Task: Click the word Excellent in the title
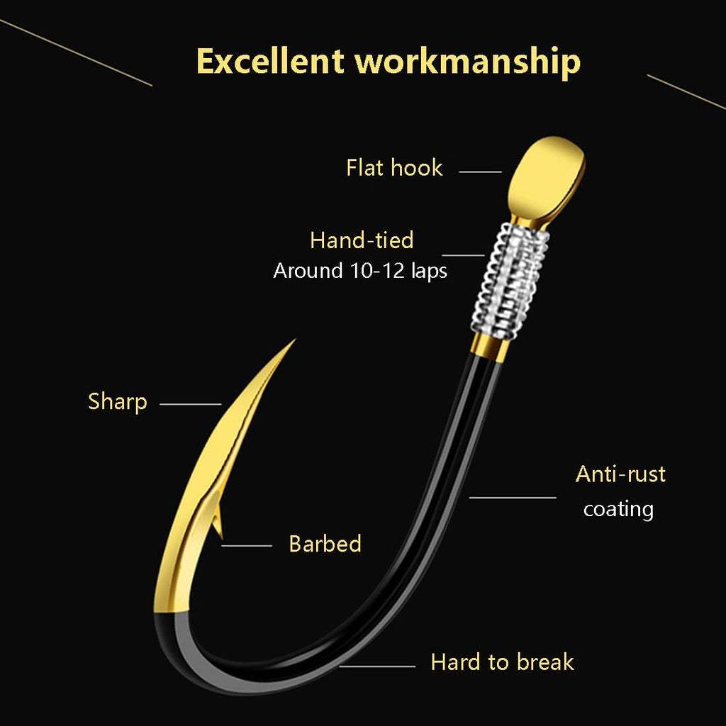(270, 61)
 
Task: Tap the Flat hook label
(394, 167)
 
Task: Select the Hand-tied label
(362, 240)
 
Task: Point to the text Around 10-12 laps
(360, 271)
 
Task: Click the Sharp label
(118, 402)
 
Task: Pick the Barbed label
(325, 544)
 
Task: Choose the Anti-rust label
(620, 474)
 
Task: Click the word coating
(618, 509)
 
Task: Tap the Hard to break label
(503, 662)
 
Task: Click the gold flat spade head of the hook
(547, 178)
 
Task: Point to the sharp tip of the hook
(294, 340)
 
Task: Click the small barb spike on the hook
(218, 521)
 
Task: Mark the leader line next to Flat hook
(480, 172)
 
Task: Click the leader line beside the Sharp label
(190, 404)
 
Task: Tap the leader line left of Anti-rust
(513, 498)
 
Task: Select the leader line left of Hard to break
(377, 666)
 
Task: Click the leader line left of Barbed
(247, 546)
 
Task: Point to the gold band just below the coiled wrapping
(490, 347)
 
